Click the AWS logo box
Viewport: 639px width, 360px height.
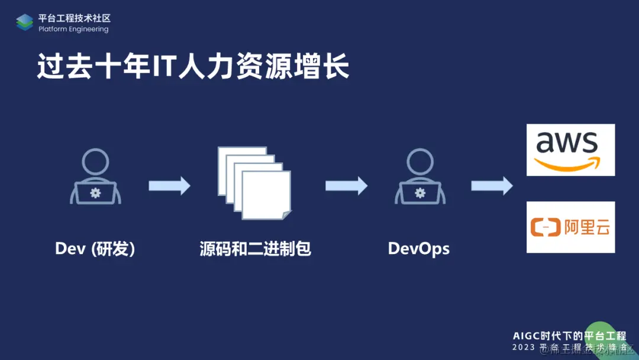click(x=570, y=150)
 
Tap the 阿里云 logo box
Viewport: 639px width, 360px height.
click(x=570, y=227)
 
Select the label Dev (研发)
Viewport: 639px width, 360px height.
click(x=95, y=249)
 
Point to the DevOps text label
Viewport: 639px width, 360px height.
click(x=418, y=249)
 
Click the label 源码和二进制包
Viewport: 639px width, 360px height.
click(x=256, y=249)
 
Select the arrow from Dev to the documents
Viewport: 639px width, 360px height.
click(x=169, y=185)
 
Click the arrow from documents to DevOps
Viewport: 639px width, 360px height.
click(x=346, y=185)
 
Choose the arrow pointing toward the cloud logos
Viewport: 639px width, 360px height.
click(x=492, y=185)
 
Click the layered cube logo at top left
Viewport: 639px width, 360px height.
click(x=25, y=22)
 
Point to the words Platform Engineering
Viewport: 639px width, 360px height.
click(x=73, y=29)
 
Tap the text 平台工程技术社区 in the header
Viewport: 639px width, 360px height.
click(x=75, y=18)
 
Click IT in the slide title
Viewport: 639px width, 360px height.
click(x=162, y=67)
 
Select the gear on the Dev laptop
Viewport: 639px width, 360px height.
click(x=95, y=192)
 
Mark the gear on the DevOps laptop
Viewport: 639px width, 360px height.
click(x=419, y=192)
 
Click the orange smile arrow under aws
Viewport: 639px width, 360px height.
click(x=567, y=163)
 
